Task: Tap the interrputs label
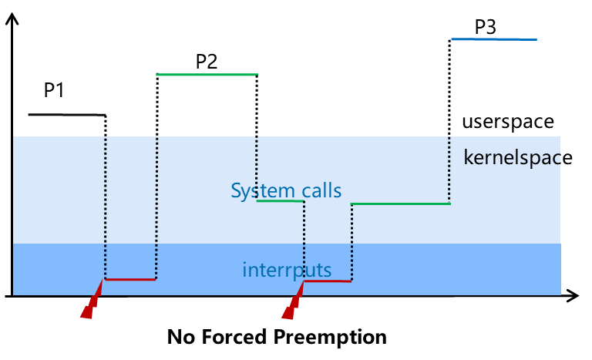pyautogui.click(x=287, y=271)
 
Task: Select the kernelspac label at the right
pyautogui.click(x=511, y=158)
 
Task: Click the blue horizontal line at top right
pyautogui.click(x=493, y=39)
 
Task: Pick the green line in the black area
pyautogui.click(x=207, y=75)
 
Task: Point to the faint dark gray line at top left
pyautogui.click(x=67, y=115)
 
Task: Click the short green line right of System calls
pyautogui.click(x=280, y=201)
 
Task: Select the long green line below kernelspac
pyautogui.click(x=400, y=204)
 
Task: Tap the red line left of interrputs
pyautogui.click(x=130, y=279)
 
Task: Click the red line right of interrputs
pyautogui.click(x=328, y=281)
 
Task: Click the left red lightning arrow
pyautogui.click(x=91, y=303)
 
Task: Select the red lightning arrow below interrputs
pyautogui.click(x=292, y=303)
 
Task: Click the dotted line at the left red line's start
pyautogui.click(x=106, y=208)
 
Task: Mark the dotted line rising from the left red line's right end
pyautogui.click(x=156, y=208)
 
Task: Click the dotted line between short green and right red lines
pyautogui.click(x=304, y=241)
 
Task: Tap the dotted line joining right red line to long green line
pyautogui.click(x=351, y=242)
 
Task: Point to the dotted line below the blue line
pyautogui.click(x=449, y=170)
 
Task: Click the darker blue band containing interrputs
pyautogui.click(x=462, y=270)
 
